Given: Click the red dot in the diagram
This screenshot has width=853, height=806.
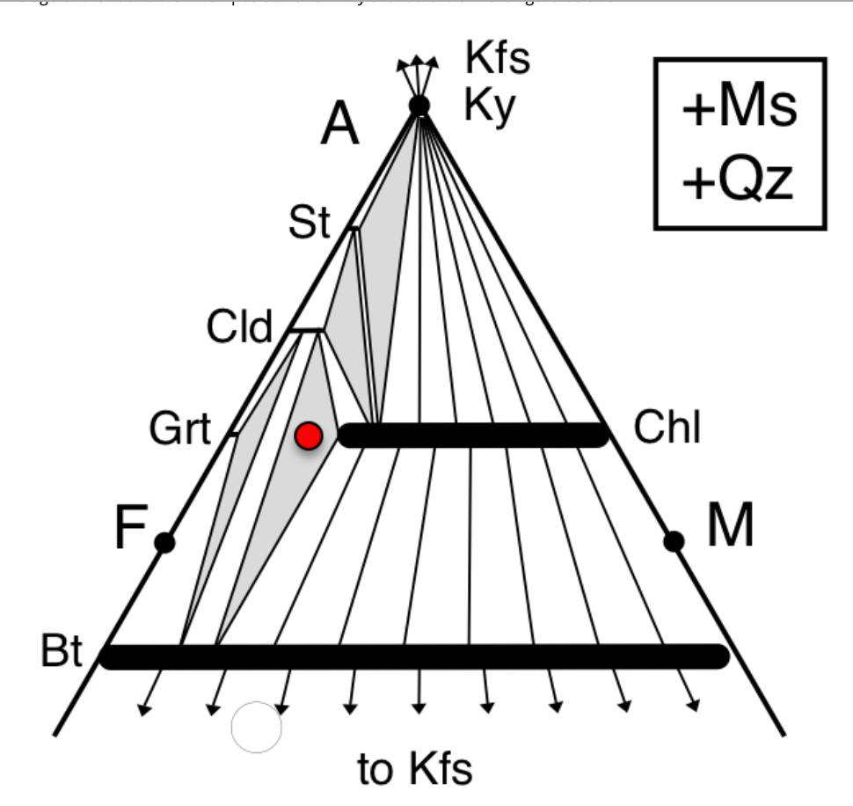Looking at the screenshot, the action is [309, 436].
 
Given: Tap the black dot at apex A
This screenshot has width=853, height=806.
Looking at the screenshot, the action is [419, 106].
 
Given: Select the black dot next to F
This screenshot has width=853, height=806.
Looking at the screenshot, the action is [164, 542].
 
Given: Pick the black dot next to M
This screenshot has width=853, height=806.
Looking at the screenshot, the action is [674, 541].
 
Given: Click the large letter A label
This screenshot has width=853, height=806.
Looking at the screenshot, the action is [340, 124].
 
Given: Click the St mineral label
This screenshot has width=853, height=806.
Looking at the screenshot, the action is [310, 224].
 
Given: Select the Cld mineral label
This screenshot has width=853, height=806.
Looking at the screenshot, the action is [240, 327].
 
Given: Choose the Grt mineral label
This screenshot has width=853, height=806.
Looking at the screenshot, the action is [179, 430].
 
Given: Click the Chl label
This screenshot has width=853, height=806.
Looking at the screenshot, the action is [667, 429].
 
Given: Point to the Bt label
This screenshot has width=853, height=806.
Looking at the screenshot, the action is [62, 654].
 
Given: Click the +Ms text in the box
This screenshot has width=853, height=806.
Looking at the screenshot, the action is [739, 110].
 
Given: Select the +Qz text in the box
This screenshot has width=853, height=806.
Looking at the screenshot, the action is [739, 182].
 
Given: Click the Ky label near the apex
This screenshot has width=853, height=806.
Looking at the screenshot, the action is [490, 108].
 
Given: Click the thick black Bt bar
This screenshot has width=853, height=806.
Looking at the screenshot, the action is [413, 656].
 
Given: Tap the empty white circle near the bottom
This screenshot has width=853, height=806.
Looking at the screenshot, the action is [256, 728].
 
